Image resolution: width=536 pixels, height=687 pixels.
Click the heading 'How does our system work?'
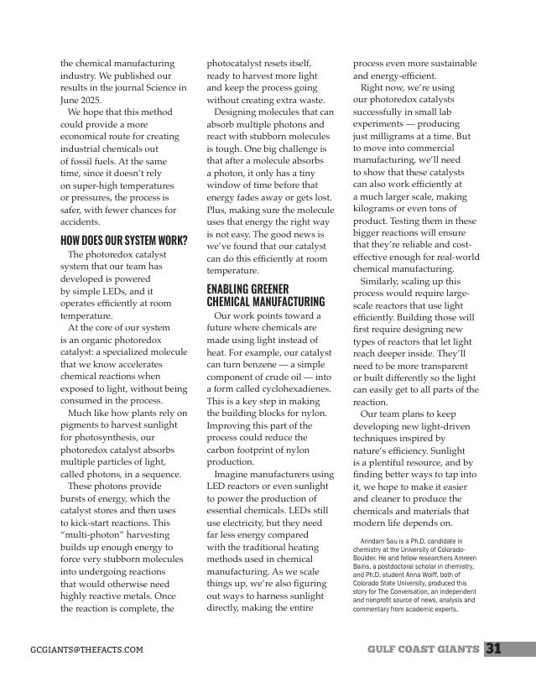coord(123,242)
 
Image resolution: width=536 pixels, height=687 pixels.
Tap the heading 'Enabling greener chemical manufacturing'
coord(265,295)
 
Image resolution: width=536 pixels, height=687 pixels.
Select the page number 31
coord(493,648)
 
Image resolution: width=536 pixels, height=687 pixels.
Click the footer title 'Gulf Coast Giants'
coord(423,649)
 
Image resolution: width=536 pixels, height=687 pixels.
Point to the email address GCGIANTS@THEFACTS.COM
coord(86,649)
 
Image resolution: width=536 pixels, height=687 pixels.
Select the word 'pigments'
coord(82,425)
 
